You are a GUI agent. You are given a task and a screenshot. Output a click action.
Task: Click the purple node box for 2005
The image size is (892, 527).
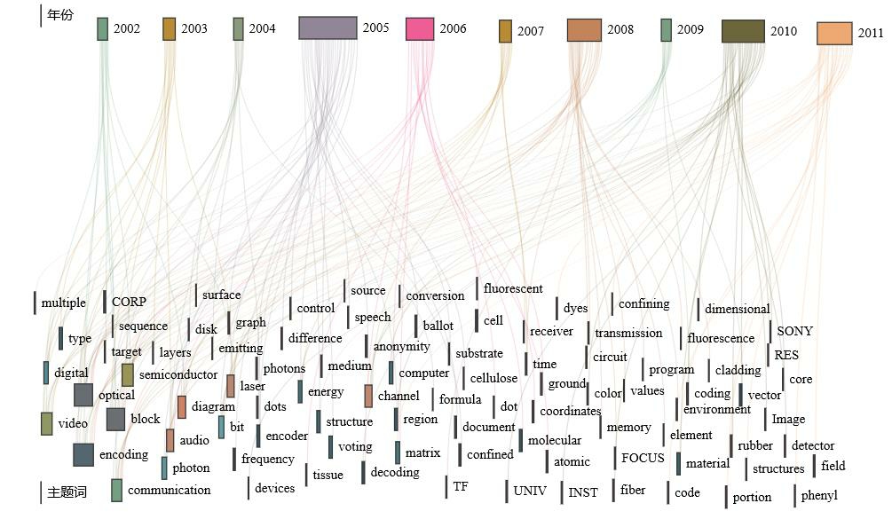point(328,28)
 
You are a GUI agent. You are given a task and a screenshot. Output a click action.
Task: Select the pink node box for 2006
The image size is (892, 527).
point(420,28)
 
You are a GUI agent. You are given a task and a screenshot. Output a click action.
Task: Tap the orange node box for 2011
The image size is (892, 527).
point(834,34)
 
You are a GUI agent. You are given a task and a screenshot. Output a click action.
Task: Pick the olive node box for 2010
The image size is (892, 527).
point(743,31)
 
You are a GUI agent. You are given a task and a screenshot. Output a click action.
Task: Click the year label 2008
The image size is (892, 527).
point(620,29)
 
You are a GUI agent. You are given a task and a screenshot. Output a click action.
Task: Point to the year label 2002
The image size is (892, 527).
point(127,28)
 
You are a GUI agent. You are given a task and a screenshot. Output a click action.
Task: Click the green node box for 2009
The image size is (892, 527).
point(666,29)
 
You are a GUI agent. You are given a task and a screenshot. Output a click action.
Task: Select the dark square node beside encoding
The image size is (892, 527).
point(83,454)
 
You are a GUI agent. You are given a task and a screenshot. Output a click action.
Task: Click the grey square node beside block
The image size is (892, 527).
point(115,419)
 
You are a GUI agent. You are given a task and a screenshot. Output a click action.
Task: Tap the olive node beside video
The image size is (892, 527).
point(47,423)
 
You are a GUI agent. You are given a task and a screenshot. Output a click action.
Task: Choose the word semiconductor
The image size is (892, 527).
point(178,374)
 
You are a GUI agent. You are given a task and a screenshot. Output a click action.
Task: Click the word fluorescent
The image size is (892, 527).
point(513,288)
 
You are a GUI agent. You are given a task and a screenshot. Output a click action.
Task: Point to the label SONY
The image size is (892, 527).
point(794,331)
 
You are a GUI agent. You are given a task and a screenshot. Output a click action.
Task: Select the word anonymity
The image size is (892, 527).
point(401,346)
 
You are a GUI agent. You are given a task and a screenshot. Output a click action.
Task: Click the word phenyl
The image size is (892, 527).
point(818,495)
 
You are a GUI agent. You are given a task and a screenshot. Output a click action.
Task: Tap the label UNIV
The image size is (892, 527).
point(530,490)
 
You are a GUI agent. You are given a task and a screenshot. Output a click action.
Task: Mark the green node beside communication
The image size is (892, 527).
point(116,490)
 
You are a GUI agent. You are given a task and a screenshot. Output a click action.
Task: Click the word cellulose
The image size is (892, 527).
point(493,378)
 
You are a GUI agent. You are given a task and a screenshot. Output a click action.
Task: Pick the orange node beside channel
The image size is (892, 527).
point(368,396)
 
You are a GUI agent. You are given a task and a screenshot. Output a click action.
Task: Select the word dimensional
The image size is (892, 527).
point(737,309)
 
